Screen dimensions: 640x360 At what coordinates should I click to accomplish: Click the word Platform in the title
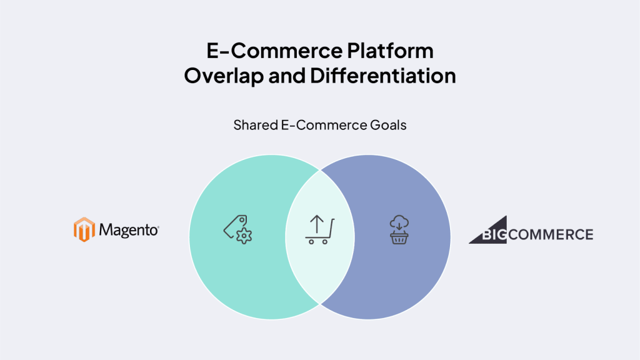(x=390, y=51)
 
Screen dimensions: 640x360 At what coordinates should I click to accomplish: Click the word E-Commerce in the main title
(x=274, y=51)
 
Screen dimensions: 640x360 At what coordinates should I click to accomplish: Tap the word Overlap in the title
(x=224, y=76)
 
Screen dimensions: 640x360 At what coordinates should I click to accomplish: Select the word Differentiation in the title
(x=383, y=76)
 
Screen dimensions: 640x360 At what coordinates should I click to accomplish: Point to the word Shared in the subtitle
(x=256, y=125)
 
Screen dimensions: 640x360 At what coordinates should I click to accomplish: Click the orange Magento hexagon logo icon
(x=84, y=229)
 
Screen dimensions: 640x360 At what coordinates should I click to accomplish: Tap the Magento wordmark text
(x=129, y=230)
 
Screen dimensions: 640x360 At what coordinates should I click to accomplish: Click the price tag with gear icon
(x=237, y=229)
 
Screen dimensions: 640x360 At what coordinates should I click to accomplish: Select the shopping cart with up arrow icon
(x=319, y=229)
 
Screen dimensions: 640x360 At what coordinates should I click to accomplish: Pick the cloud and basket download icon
(x=399, y=230)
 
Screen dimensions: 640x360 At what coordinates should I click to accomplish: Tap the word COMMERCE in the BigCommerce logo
(x=551, y=235)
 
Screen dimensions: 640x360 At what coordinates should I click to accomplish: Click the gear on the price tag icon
(x=244, y=236)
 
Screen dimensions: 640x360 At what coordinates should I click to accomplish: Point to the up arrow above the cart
(x=317, y=224)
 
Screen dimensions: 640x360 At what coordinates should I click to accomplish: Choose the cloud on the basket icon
(x=399, y=222)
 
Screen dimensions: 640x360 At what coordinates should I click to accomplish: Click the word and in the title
(x=287, y=76)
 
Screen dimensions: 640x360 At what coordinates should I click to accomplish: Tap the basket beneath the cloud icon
(x=399, y=238)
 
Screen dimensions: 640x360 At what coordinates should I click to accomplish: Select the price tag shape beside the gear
(x=235, y=226)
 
